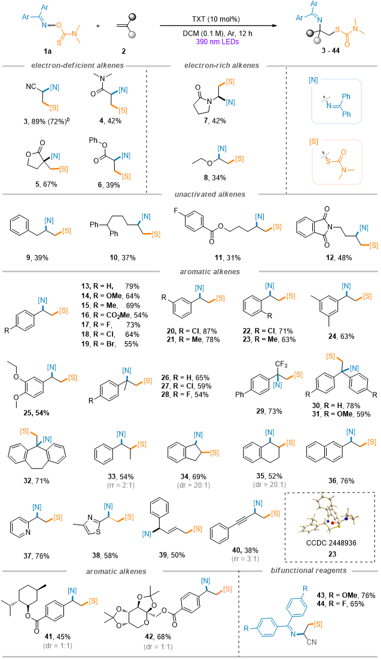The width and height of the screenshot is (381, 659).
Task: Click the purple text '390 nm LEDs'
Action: pyautogui.click(x=219, y=42)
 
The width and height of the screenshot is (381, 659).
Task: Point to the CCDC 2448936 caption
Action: pyautogui.click(x=332, y=542)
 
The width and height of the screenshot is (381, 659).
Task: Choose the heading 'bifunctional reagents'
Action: pyautogui.click(x=309, y=571)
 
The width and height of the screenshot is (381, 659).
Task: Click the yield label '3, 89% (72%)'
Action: pyautogui.click(x=47, y=121)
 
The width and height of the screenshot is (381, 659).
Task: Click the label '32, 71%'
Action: pyautogui.click(x=38, y=480)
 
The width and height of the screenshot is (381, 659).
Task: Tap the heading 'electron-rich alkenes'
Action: pyautogui.click(x=222, y=66)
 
